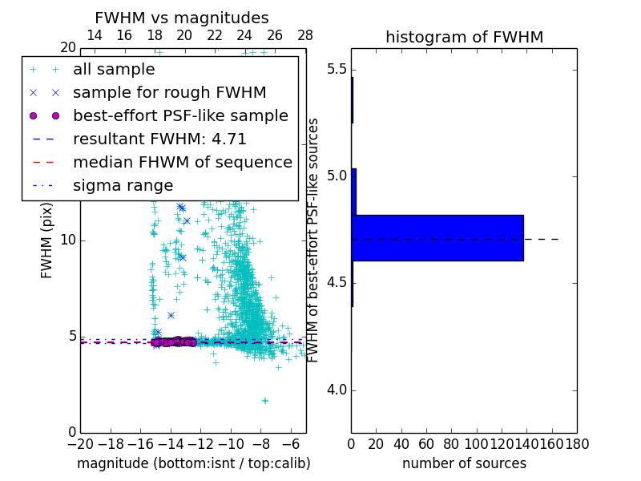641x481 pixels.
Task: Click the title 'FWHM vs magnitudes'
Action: tap(182, 18)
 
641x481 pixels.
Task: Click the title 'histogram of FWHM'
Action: tap(465, 37)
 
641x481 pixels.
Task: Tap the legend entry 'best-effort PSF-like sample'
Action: tap(180, 115)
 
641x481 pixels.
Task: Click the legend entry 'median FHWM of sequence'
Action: tap(182, 162)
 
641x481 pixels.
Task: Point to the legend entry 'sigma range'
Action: tap(123, 185)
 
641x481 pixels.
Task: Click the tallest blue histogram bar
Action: tap(437, 238)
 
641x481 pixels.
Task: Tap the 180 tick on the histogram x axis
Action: tap(577, 443)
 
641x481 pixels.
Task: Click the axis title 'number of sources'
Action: tap(465, 463)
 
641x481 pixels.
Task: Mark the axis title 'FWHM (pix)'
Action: tap(46, 240)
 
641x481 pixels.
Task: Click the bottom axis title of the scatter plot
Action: tap(193, 463)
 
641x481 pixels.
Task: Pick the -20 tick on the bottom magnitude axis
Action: tap(80, 443)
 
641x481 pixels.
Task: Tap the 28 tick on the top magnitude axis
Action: tap(305, 35)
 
